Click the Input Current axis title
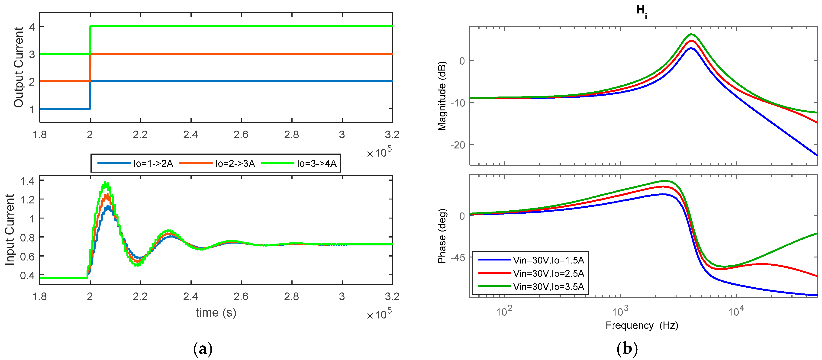coord(10,230)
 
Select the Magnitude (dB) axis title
coord(442,96)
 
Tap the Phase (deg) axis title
coord(442,236)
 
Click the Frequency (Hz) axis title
coord(642,325)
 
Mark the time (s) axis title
coord(216,313)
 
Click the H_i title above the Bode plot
coord(641,11)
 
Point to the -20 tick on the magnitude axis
coord(457,145)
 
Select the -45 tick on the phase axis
coord(457,257)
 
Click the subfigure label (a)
coord(203,349)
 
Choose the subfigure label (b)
coord(627,349)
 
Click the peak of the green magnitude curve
coord(691,34)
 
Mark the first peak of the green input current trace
coord(106,183)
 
